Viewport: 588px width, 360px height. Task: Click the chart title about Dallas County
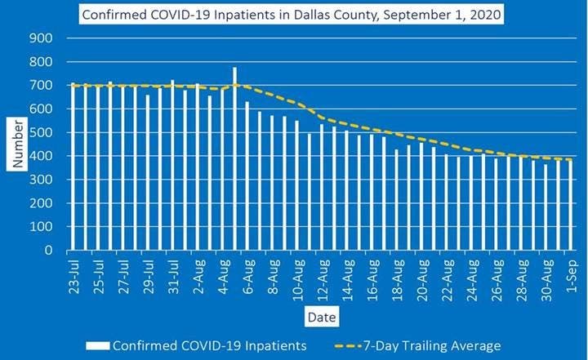tap(291, 14)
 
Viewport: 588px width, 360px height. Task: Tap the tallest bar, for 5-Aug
tap(234, 159)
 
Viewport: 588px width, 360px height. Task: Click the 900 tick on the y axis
tap(41, 38)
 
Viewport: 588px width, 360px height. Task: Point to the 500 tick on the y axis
tap(41, 132)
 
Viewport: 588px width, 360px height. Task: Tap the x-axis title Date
tap(319, 314)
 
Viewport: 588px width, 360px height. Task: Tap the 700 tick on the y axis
tap(41, 85)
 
